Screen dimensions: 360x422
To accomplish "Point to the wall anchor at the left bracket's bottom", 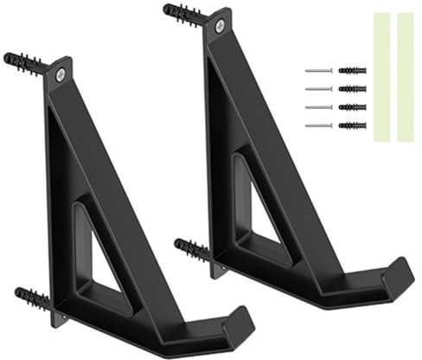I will [x=33, y=299].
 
